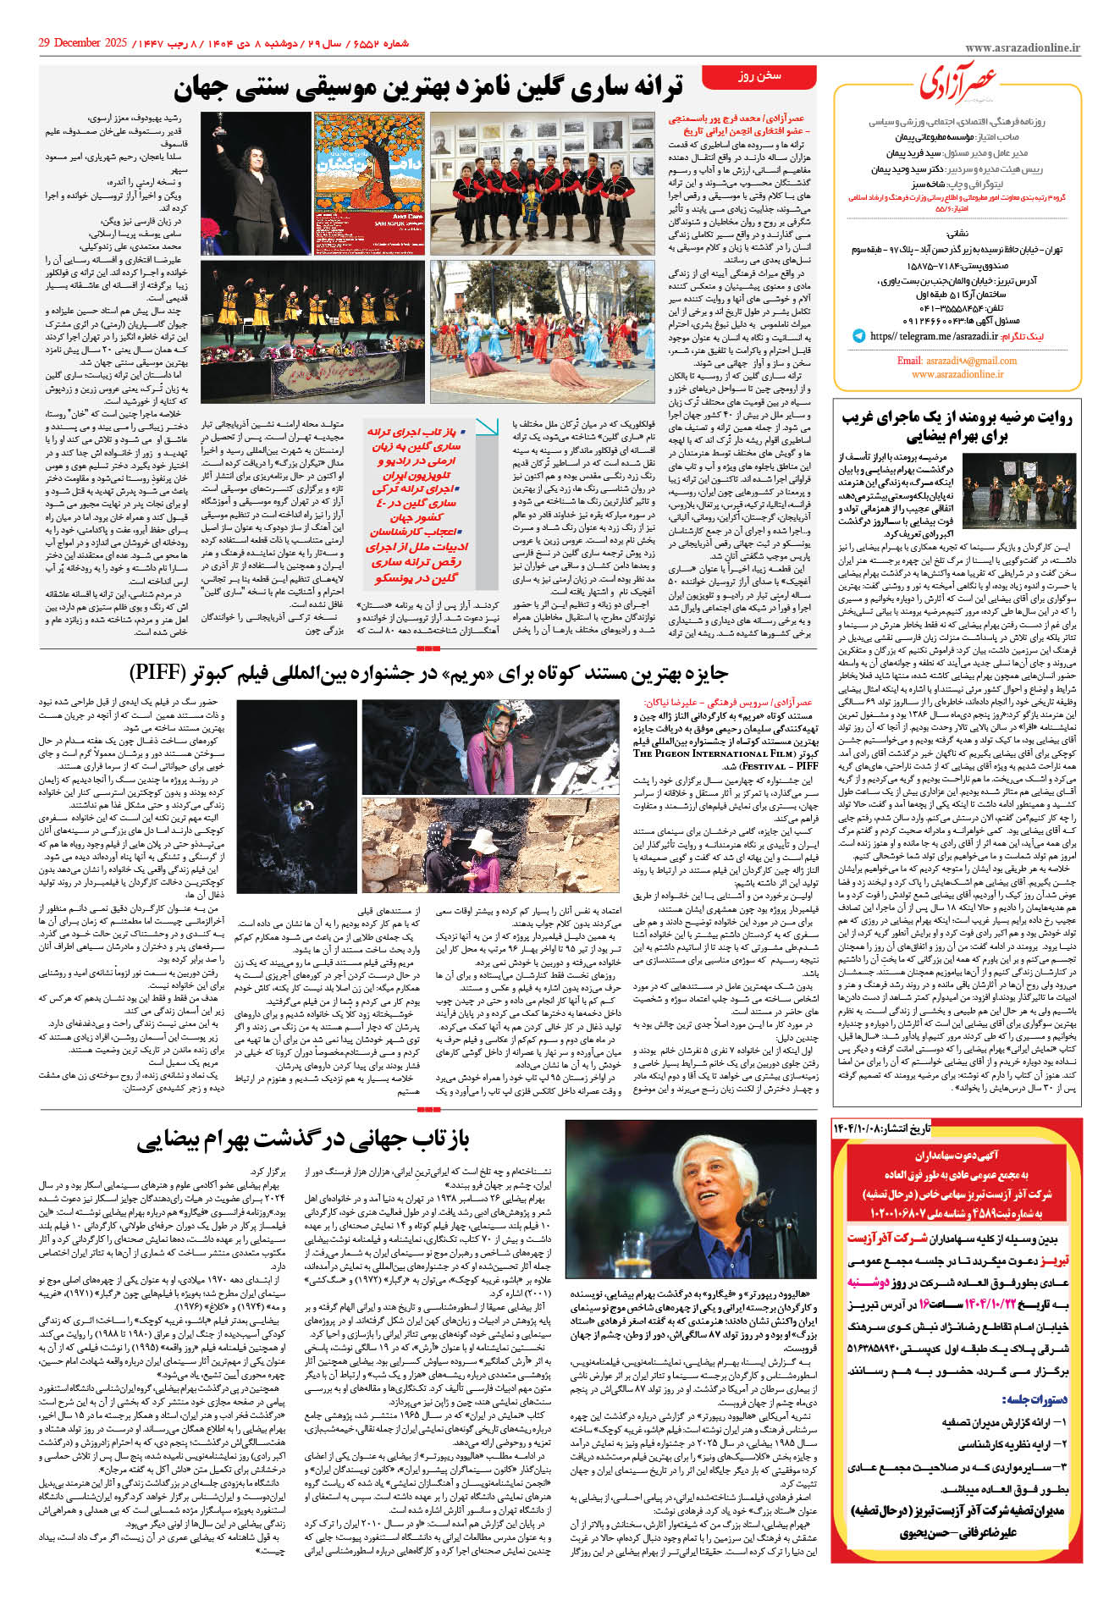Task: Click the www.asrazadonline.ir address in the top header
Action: pyautogui.click(x=1022, y=49)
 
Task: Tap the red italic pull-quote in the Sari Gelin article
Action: pyautogui.click(x=417, y=505)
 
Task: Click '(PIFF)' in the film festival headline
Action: pyautogui.click(x=170, y=673)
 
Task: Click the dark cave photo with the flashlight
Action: pyautogui.click(x=296, y=796)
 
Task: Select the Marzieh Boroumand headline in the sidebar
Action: pyautogui.click(x=957, y=427)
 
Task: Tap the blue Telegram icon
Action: pyautogui.click(x=858, y=336)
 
